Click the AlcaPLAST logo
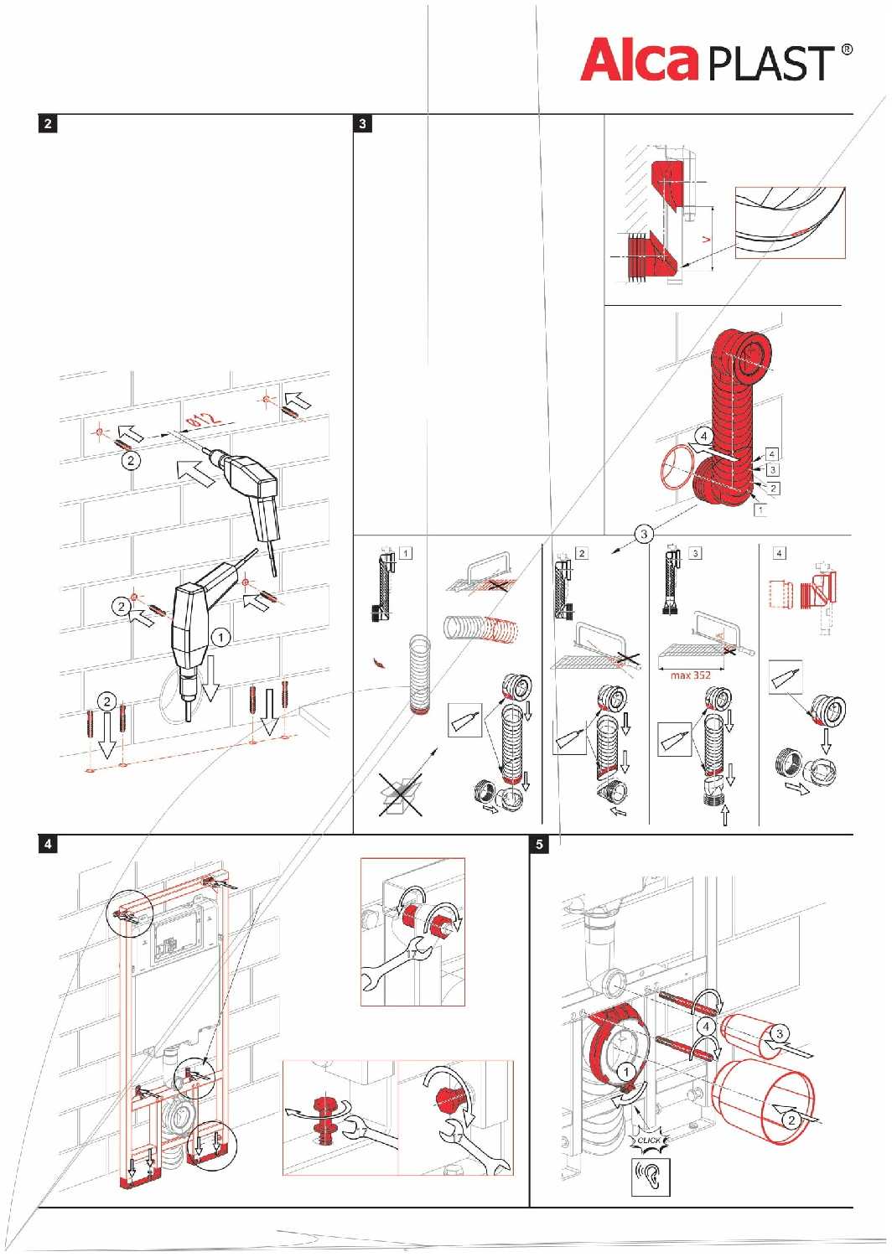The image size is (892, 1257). pyautogui.click(x=716, y=59)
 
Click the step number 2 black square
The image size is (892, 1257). pyautogui.click(x=49, y=124)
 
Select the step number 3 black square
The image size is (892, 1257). pyautogui.click(x=362, y=124)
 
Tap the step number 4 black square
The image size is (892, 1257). pyautogui.click(x=49, y=844)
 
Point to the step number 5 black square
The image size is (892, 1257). pyautogui.click(x=540, y=844)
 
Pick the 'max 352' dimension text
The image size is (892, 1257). pyautogui.click(x=690, y=675)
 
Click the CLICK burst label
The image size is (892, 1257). pyautogui.click(x=649, y=1140)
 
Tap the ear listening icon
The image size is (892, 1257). pyautogui.click(x=651, y=1177)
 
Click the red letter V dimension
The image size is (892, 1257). pyautogui.click(x=706, y=240)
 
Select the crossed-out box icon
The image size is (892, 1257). pyautogui.click(x=401, y=794)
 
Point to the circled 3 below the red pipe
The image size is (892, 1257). pyautogui.click(x=643, y=534)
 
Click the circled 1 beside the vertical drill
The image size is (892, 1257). pyautogui.click(x=220, y=638)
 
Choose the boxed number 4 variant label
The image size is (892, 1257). pyautogui.click(x=779, y=553)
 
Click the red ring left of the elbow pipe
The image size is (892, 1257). pyautogui.click(x=677, y=467)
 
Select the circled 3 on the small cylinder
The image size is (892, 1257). pyautogui.click(x=779, y=1033)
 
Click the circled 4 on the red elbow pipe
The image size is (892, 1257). pyautogui.click(x=704, y=436)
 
